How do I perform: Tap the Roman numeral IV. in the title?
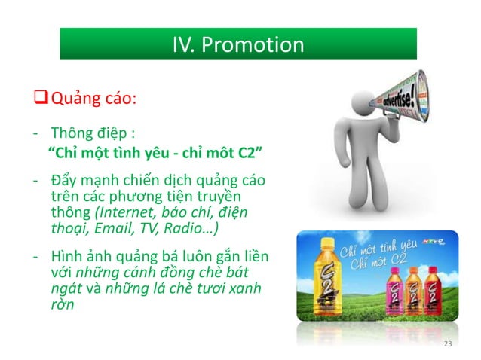click(x=184, y=44)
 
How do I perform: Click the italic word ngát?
click(x=65, y=289)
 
